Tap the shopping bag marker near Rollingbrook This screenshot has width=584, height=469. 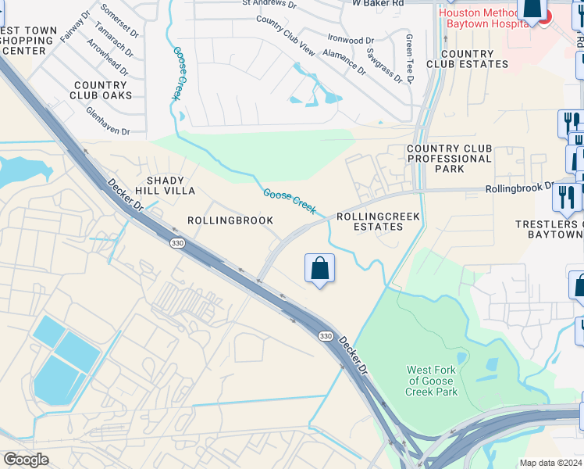coord(319,270)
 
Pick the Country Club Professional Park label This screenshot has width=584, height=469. coord(449,159)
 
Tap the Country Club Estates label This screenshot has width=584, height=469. coord(466,59)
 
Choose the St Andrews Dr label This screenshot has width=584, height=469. coord(269,4)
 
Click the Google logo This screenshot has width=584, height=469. coord(26,460)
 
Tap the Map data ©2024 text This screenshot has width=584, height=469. coord(551,463)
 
